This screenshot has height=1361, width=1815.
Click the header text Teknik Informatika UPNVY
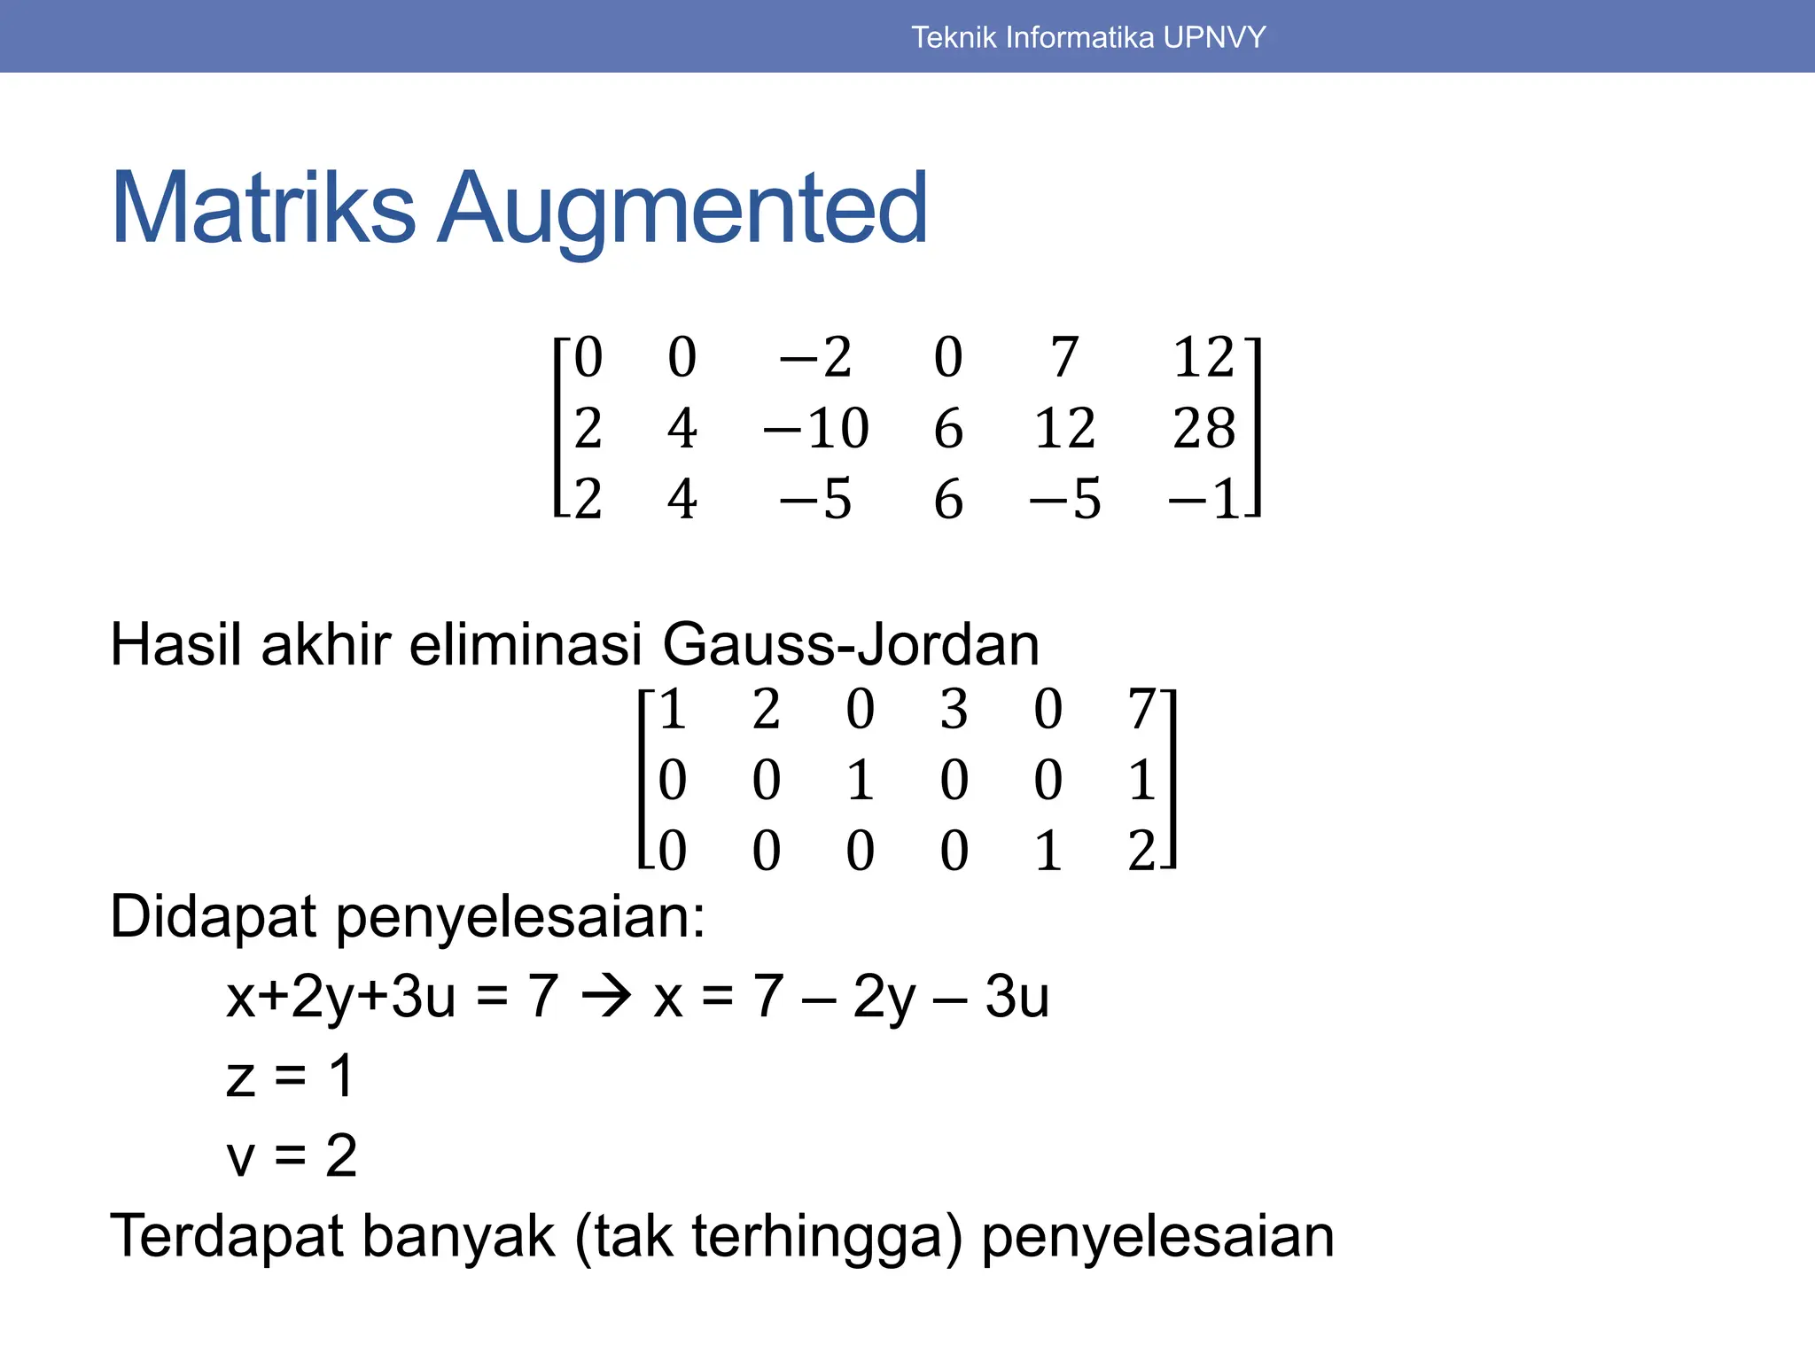tap(1088, 37)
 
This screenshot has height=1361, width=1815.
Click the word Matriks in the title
tap(263, 208)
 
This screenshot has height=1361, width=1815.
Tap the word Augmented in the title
tap(682, 210)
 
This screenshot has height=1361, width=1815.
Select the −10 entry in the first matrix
tap(815, 429)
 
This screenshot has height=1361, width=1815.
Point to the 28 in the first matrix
tap(1204, 429)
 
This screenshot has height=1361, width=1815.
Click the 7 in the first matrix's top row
tap(1064, 358)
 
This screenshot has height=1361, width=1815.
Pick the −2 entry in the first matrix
tap(815, 358)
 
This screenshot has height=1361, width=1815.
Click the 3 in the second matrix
tap(954, 710)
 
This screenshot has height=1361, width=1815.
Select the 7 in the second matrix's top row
tap(1141, 710)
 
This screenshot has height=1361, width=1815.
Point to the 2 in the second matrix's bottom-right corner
tap(1141, 851)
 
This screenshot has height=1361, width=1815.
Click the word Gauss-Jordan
tap(851, 644)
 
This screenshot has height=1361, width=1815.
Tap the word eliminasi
tap(525, 644)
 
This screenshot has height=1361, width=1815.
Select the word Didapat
tap(213, 916)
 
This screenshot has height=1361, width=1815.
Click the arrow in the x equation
tap(606, 997)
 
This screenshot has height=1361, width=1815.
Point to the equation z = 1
tap(290, 1077)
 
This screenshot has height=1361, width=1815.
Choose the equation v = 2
tap(292, 1155)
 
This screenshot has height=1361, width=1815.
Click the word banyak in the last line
tap(458, 1236)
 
